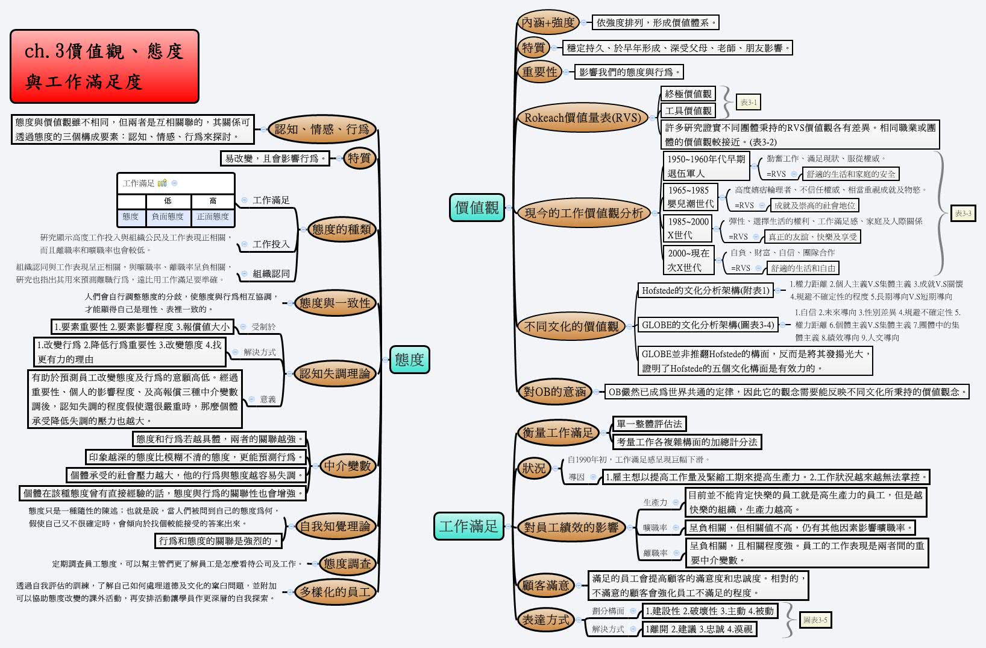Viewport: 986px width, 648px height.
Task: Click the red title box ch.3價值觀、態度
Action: (104, 66)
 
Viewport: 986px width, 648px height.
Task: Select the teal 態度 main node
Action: (409, 360)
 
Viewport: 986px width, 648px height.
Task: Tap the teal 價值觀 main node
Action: (477, 208)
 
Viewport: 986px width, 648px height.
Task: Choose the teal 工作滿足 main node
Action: (468, 526)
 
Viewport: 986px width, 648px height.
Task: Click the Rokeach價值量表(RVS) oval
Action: (582, 118)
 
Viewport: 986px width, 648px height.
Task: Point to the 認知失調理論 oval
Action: (334, 373)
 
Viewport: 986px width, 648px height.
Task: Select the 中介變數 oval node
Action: (348, 466)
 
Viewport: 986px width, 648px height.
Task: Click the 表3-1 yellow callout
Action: (748, 103)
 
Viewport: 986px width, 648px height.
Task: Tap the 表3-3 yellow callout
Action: (962, 214)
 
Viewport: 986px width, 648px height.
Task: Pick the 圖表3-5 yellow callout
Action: (815, 620)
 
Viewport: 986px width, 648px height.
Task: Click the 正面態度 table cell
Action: (213, 217)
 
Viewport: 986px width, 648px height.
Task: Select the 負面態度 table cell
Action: (168, 217)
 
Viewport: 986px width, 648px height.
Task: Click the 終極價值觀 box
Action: (688, 94)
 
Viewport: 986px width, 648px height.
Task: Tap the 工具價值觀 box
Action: (688, 111)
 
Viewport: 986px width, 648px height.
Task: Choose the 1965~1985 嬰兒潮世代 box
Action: (690, 197)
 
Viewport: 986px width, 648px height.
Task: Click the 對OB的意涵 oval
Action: (554, 392)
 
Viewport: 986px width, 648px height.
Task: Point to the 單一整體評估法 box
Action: (649, 424)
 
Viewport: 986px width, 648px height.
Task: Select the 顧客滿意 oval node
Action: (545, 585)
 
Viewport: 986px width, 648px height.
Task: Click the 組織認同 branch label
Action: (271, 273)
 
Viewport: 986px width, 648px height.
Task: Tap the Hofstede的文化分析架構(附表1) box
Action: (706, 291)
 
